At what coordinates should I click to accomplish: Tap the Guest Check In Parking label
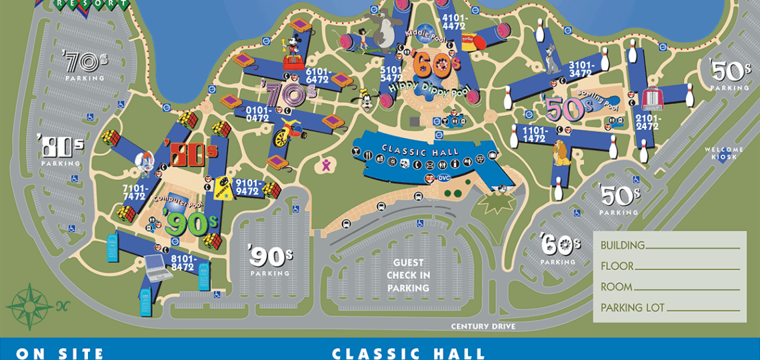407,275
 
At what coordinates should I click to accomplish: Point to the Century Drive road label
483,327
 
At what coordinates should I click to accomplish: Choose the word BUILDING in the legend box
622,245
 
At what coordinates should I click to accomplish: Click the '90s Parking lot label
270,260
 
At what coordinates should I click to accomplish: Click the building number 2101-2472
647,123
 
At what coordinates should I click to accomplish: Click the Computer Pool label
177,200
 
